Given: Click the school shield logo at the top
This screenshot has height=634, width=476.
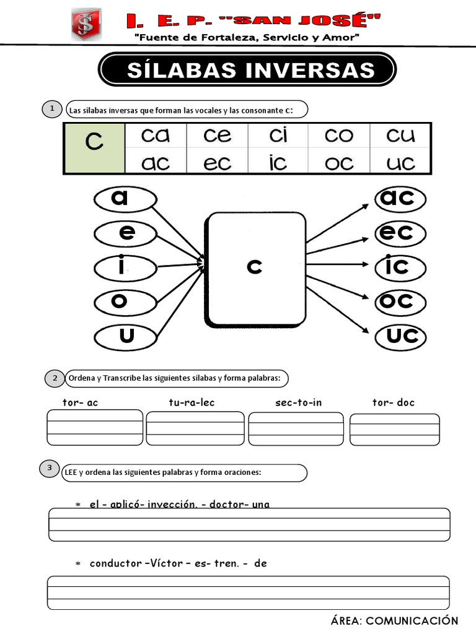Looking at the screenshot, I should (x=87, y=27).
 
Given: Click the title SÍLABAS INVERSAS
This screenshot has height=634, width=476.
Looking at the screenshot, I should (x=247, y=69).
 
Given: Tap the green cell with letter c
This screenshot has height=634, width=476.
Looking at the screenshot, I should (x=94, y=149).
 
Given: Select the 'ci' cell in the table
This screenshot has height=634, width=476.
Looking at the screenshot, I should (x=278, y=136).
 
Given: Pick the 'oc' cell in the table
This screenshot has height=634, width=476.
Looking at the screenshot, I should (x=339, y=163).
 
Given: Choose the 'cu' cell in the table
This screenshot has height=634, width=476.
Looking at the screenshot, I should (x=400, y=136).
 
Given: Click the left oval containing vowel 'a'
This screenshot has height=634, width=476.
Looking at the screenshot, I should (x=125, y=199).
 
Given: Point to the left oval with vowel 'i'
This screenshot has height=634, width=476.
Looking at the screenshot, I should (x=125, y=267).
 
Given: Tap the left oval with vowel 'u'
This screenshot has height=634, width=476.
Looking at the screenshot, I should (x=125, y=337).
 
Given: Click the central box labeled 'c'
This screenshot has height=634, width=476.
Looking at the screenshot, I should (x=257, y=267).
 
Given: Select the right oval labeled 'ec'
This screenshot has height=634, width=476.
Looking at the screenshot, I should (x=402, y=233).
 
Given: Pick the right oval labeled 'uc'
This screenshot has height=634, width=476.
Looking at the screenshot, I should (x=402, y=337).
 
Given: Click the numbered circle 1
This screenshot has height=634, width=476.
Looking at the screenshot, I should (x=53, y=110).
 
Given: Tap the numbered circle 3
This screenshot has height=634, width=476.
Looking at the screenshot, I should (x=50, y=469).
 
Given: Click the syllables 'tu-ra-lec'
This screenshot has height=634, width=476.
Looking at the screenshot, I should (x=192, y=402).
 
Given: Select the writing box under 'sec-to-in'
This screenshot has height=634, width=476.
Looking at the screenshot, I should (x=296, y=428).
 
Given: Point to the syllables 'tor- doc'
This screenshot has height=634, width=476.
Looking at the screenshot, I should (x=394, y=402).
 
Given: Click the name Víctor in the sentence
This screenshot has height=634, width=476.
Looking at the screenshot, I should (x=165, y=563).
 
